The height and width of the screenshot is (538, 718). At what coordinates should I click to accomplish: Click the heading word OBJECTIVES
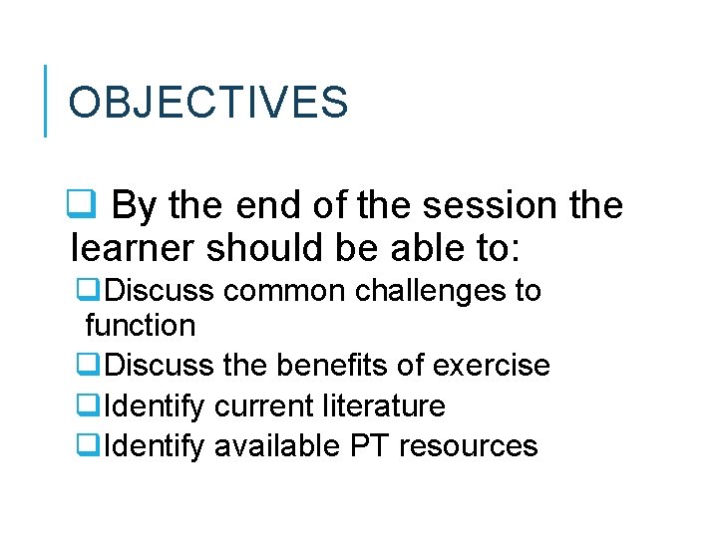pyautogui.click(x=208, y=103)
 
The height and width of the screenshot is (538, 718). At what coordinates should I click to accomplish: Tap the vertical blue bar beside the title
pyautogui.click(x=46, y=101)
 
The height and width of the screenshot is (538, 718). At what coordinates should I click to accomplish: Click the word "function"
pyautogui.click(x=140, y=325)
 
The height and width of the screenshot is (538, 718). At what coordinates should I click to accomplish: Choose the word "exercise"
pyautogui.click(x=492, y=366)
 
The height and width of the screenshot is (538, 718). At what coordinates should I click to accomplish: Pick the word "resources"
pyautogui.click(x=469, y=445)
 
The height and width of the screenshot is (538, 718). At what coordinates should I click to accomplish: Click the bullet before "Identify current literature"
pyautogui.click(x=86, y=405)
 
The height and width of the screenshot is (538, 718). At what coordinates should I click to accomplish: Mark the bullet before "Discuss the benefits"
pyautogui.click(x=86, y=366)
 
